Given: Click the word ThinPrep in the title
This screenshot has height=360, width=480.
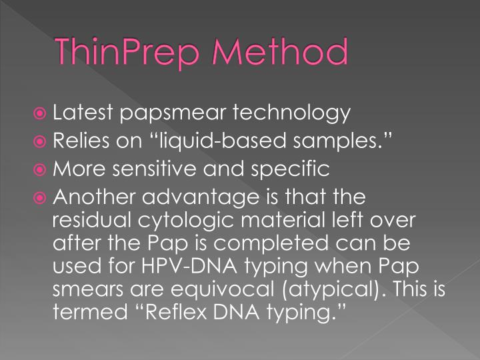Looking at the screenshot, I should point(129,51).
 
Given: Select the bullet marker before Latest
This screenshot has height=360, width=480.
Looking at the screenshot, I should point(41,113).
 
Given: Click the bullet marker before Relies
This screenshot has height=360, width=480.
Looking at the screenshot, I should point(41,141).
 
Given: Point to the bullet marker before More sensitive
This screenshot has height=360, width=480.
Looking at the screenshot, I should point(41,169).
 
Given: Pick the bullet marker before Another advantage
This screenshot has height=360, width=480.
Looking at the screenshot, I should point(41,197).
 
